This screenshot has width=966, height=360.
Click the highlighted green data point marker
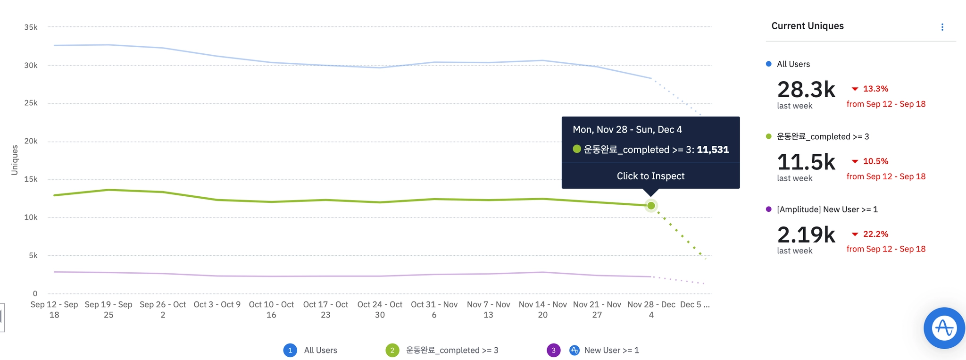pos(651,205)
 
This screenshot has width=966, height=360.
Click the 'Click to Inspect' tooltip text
pos(650,176)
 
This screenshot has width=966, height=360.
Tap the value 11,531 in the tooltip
pos(713,150)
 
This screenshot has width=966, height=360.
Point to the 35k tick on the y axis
pos(31,27)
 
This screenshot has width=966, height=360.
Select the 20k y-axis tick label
pos(31,141)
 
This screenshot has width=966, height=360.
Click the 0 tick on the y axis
pos(34,293)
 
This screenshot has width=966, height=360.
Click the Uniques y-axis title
pos(15,160)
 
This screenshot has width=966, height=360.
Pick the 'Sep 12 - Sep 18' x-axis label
pos(54,310)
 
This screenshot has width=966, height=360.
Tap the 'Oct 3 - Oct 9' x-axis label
pos(217,305)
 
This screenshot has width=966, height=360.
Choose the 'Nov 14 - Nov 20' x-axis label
pos(542,310)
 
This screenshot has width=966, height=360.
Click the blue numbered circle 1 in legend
pos(290,350)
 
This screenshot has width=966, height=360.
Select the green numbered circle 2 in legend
pos(392,350)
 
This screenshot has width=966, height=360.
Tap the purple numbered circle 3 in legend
pos(553,350)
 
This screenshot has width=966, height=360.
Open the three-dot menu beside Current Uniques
pos(942,27)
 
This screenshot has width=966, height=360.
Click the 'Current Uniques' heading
pos(808,26)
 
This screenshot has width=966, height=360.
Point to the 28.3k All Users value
pos(806,90)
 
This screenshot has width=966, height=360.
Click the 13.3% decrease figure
pos(875,89)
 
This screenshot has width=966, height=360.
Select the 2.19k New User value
pos(806,235)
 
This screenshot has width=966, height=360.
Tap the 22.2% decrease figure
pos(875,234)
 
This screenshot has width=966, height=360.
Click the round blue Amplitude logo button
pos(944,328)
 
